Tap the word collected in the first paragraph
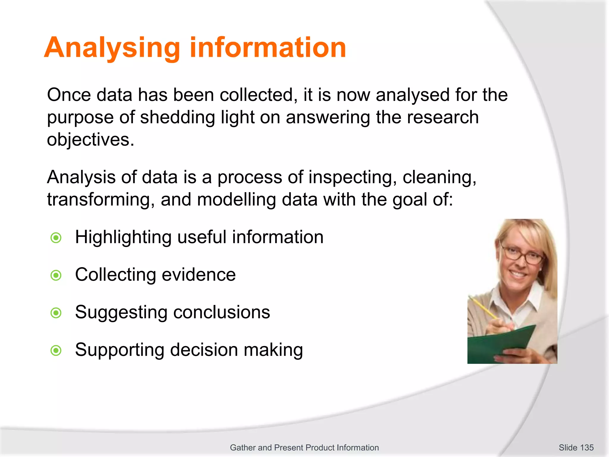(258, 95)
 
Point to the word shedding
(177, 118)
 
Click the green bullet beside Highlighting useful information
(56, 238)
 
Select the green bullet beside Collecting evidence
(56, 275)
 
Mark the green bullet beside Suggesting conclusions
(56, 313)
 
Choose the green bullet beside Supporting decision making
(56, 350)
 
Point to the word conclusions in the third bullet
(221, 312)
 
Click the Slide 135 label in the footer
(576, 447)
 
